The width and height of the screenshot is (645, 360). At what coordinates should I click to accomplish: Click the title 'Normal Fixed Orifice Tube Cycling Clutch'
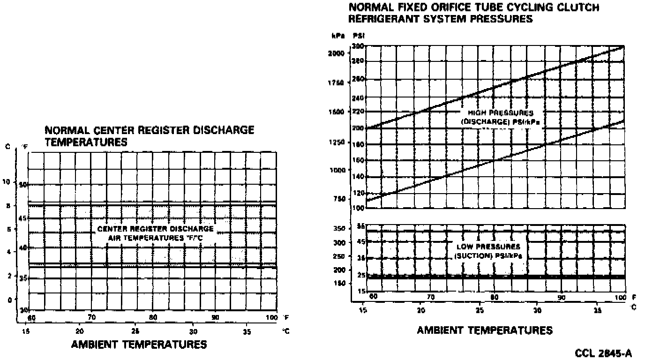[473, 8]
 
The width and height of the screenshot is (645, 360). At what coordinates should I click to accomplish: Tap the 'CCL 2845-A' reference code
[603, 353]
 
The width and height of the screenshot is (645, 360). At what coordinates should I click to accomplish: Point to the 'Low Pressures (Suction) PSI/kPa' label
[488, 251]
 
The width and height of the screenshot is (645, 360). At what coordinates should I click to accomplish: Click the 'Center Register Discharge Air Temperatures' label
[156, 233]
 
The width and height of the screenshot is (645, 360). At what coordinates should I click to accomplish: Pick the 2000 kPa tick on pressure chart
[337, 53]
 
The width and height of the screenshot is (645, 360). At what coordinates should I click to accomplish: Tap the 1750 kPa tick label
[337, 82]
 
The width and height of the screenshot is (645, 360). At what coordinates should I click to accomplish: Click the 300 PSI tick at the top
[358, 46]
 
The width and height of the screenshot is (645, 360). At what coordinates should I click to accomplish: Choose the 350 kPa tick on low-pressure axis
[338, 229]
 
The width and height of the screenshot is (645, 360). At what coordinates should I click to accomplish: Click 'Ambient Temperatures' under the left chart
[139, 345]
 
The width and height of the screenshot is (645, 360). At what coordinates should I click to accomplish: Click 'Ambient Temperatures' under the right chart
[485, 330]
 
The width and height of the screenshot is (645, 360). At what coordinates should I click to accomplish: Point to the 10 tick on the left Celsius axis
[7, 181]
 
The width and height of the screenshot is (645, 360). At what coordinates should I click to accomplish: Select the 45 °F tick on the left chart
[23, 218]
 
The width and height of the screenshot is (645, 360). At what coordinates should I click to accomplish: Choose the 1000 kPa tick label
[337, 170]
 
